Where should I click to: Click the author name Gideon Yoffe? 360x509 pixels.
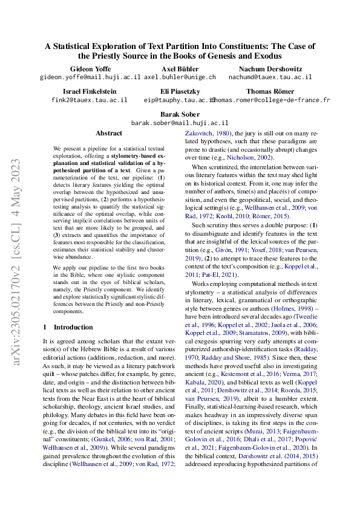[90, 69]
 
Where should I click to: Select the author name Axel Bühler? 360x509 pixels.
[180, 69]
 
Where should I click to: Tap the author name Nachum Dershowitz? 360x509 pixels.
[270, 69]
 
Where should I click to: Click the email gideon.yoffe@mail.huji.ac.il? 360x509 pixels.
[90, 77]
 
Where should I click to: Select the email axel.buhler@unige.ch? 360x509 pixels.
[180, 77]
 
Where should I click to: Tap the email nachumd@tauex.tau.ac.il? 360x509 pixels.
[270, 77]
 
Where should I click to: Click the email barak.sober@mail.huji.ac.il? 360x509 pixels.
[180, 122]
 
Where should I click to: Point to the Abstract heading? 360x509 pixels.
[109, 133]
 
